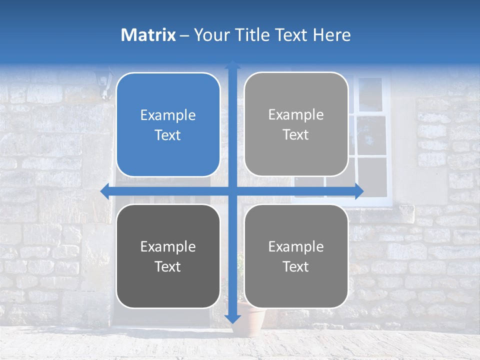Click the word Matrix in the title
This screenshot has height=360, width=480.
click(148, 34)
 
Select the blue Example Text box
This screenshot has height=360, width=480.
click(168, 124)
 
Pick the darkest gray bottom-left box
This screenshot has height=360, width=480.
click(168, 256)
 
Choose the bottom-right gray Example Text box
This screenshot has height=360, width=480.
click(296, 256)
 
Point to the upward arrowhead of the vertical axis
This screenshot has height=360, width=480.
click(232, 65)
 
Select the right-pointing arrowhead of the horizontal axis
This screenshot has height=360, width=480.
click(358, 191)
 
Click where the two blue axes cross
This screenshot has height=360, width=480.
click(232, 191)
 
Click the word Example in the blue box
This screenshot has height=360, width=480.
click(168, 115)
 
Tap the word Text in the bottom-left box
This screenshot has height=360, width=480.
click(168, 266)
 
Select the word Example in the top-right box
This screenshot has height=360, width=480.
click(296, 114)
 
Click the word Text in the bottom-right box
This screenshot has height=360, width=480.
click(296, 266)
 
